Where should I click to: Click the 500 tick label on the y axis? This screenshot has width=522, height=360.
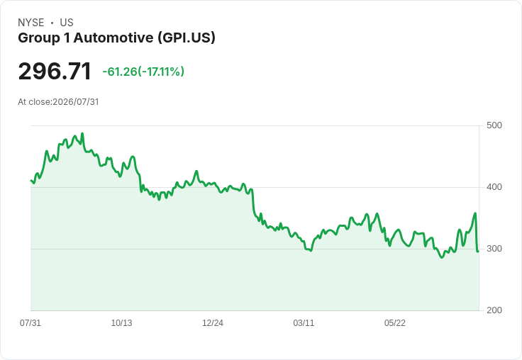[x=494, y=125]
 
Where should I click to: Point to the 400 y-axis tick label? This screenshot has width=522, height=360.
[x=494, y=187]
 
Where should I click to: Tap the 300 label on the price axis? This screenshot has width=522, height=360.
[x=494, y=249]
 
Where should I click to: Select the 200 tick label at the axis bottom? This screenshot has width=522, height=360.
[x=494, y=310]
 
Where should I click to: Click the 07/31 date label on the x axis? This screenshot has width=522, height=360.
[x=30, y=322]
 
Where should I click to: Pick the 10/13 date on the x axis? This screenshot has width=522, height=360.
[x=121, y=322]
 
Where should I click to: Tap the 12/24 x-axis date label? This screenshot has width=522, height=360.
[x=213, y=322]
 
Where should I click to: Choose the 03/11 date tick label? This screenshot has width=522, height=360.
[x=304, y=322]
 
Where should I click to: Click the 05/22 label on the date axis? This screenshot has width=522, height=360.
[x=395, y=322]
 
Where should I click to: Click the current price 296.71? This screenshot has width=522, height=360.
[x=55, y=71]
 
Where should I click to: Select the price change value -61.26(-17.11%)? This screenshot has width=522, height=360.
[x=143, y=72]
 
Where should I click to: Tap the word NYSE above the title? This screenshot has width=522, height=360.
[x=31, y=23]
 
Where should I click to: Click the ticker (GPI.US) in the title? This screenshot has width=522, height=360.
[x=187, y=38]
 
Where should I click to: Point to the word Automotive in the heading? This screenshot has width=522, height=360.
[x=113, y=38]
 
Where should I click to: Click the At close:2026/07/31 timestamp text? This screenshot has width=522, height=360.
[x=58, y=102]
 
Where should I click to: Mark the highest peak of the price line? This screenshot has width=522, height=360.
[x=82, y=133]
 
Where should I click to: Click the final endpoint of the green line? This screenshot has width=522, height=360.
[x=478, y=251]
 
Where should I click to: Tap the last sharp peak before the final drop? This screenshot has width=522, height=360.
[x=475, y=213]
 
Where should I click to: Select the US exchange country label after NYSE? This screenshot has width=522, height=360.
[x=67, y=23]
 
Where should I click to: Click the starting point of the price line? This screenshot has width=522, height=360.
[x=31, y=180]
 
